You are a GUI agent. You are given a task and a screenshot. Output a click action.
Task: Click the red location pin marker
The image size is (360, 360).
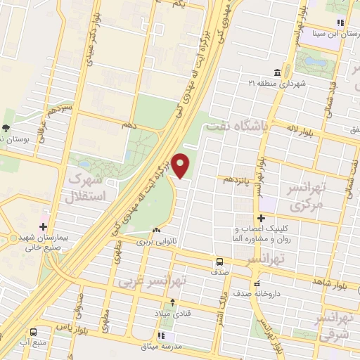pyautogui.click(x=181, y=165)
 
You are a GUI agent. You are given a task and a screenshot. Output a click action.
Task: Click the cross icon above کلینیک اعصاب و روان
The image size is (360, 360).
pyautogui.click(x=261, y=219)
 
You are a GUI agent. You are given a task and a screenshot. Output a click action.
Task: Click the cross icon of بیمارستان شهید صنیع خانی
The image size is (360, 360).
pyautogui.click(x=44, y=226)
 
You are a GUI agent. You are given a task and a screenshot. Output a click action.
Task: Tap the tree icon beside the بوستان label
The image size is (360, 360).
pyautogui.click(x=6, y=128)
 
